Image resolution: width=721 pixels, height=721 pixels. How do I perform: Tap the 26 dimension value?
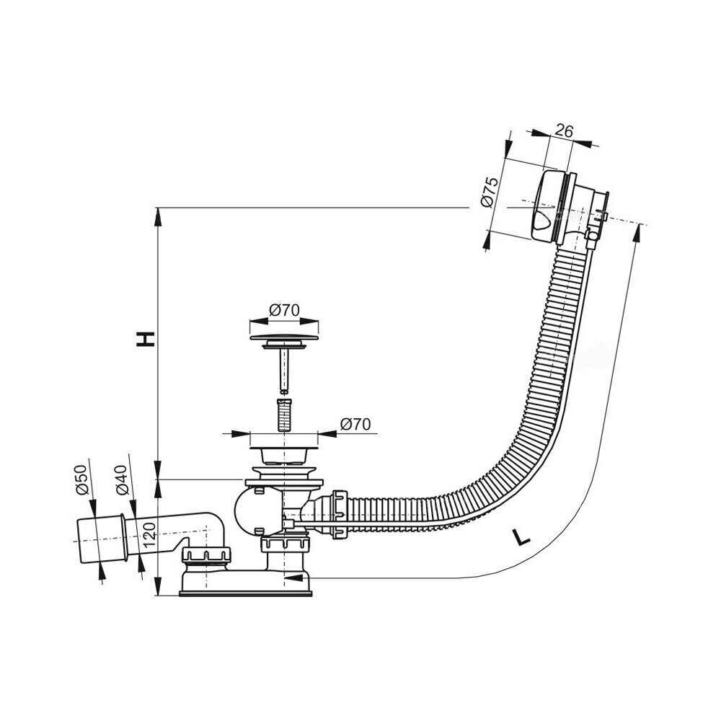[565, 131]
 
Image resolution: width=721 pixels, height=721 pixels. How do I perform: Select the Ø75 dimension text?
[489, 193]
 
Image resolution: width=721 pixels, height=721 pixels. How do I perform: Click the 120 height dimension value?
[149, 535]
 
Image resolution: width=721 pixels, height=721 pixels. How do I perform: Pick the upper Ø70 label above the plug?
[284, 311]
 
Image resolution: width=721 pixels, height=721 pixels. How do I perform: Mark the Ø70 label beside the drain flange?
[355, 425]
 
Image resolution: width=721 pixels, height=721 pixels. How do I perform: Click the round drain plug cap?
[284, 336]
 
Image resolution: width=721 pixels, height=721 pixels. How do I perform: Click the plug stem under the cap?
[284, 368]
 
